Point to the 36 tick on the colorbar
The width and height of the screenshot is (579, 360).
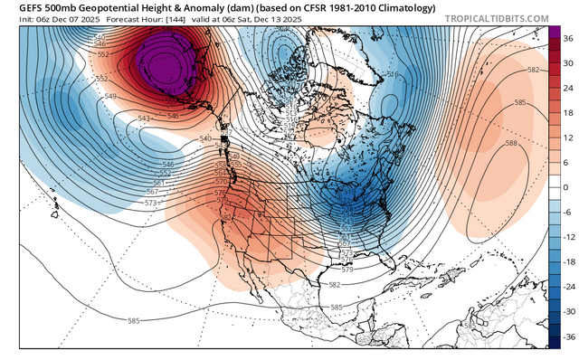(x=568, y=39)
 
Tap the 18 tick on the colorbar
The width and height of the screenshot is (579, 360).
(x=568, y=113)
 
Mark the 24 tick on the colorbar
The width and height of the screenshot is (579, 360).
(x=568, y=89)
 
